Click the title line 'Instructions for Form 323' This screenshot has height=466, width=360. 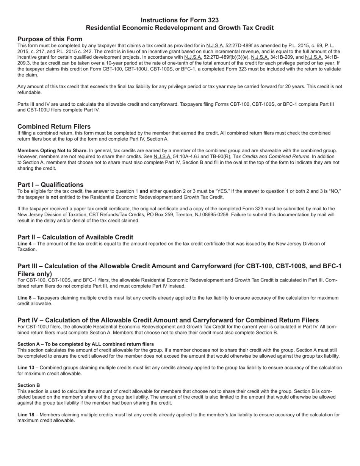click(x=180, y=20)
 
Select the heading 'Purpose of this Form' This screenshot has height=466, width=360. click(x=50, y=39)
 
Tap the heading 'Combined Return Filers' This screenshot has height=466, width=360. click(x=54, y=126)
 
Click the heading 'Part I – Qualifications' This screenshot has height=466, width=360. click(x=50, y=185)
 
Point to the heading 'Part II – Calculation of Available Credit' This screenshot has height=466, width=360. click(x=75, y=237)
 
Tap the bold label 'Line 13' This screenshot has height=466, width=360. click(x=26, y=367)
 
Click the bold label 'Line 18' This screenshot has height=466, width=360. click(x=26, y=415)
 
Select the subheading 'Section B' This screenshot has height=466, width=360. click(x=29, y=385)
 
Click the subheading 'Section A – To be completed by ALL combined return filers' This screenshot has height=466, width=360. click(x=86, y=344)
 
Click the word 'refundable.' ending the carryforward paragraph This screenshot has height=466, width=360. click(x=30, y=92)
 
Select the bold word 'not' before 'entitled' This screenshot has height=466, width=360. click(x=54, y=197)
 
